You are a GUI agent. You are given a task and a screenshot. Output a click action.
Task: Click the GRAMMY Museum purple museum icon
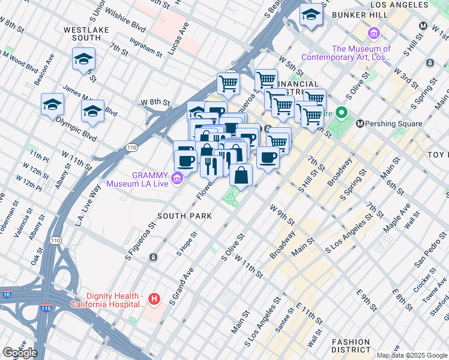coord(176,178)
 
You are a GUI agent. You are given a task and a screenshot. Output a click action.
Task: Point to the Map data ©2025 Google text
coord(411,355)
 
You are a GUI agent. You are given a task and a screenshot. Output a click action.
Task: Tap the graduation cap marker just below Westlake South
coord(83,59)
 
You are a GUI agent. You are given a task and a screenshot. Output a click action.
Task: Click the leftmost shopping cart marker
coord(228,85)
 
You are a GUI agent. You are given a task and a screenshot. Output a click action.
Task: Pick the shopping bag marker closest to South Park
coord(241,176)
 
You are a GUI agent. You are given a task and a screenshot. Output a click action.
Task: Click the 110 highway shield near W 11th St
coord(130,147)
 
